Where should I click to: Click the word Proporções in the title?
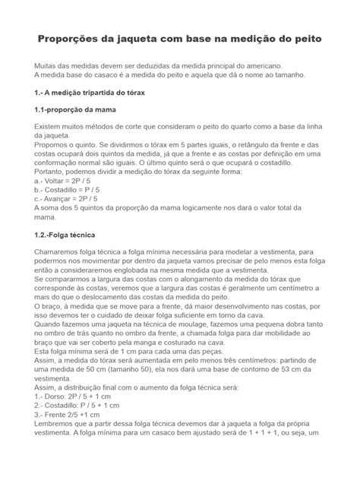pyautogui.click(x=73, y=38)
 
